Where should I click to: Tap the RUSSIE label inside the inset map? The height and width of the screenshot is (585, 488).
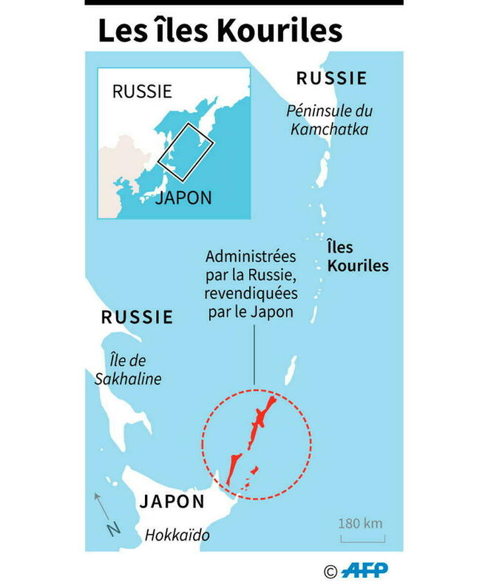click(142, 92)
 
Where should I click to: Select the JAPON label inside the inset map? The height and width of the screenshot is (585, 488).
click(183, 198)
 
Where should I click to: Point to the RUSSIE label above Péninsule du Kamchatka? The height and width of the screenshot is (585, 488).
click(331, 78)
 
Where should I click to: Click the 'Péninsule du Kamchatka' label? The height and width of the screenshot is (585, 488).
click(330, 120)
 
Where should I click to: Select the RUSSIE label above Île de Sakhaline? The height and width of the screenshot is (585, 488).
click(138, 318)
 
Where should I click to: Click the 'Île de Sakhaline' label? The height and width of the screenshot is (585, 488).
click(128, 369)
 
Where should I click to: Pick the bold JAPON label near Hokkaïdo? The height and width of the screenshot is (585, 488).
click(172, 502)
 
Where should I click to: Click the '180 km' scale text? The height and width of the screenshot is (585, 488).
click(361, 524)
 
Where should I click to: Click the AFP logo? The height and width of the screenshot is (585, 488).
click(365, 569)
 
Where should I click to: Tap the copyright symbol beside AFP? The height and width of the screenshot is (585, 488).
click(331, 570)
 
